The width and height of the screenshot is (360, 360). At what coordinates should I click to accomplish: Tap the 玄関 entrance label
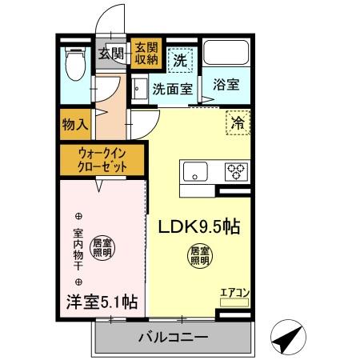(x=111, y=54)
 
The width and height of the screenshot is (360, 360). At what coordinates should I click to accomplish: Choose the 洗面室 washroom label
(x=171, y=90)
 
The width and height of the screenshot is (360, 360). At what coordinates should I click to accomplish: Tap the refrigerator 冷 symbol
(x=238, y=123)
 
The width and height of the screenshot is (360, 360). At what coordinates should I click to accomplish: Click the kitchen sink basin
(x=195, y=171)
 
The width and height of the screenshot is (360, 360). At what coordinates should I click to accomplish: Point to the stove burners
(x=236, y=170)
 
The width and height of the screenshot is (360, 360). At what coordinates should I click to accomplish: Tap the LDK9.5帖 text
(x=198, y=226)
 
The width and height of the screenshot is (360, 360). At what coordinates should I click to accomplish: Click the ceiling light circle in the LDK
(x=199, y=256)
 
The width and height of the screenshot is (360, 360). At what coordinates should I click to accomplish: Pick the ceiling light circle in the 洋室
(x=102, y=248)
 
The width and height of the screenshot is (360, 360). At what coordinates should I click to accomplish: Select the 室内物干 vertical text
(x=78, y=248)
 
